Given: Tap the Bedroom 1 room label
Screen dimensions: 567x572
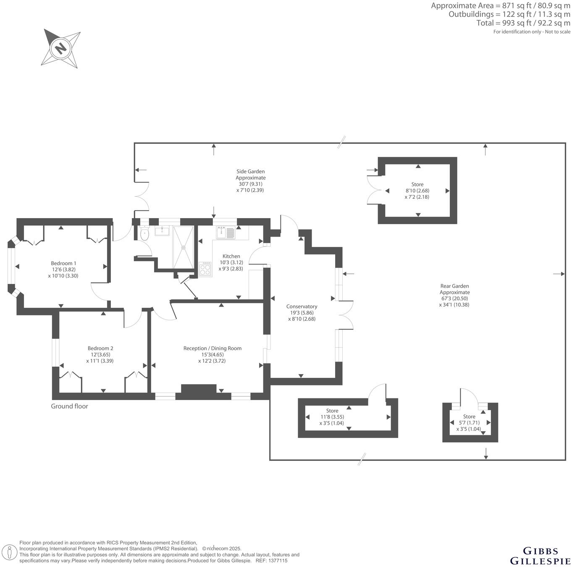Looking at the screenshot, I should (x=63, y=263).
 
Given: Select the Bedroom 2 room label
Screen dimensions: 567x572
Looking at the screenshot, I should (x=100, y=348).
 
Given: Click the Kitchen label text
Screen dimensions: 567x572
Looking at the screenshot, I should (x=231, y=256).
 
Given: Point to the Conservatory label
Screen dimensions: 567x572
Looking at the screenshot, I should (x=302, y=307).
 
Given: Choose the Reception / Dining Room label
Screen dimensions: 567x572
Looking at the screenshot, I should (x=212, y=348).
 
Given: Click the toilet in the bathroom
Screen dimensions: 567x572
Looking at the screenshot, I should (x=144, y=234).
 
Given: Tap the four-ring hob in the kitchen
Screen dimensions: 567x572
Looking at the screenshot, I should (x=205, y=269).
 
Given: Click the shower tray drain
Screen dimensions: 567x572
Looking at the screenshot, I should (x=183, y=247).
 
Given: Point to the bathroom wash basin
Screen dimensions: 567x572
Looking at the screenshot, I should (x=162, y=231).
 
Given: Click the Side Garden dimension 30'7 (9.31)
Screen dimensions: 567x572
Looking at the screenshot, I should (x=250, y=184).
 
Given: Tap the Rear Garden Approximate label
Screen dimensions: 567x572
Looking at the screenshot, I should (x=454, y=289).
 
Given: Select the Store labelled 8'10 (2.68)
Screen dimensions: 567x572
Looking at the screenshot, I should (x=417, y=185).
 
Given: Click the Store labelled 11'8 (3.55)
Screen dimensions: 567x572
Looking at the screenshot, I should (x=332, y=411).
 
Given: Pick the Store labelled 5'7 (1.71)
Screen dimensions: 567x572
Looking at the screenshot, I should (x=469, y=417).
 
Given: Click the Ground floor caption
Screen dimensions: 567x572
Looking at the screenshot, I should (x=70, y=406).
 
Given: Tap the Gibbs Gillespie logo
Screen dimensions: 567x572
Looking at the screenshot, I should (x=540, y=556).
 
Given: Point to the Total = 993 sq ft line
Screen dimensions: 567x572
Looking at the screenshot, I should (x=523, y=23).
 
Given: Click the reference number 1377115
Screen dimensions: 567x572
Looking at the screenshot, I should (x=278, y=561).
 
